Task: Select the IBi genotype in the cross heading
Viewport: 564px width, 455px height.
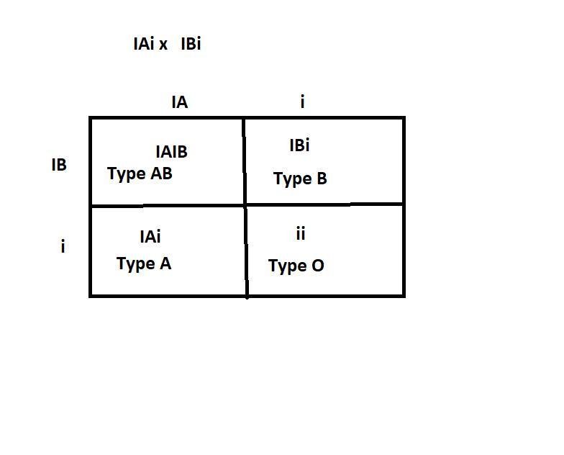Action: pos(191,44)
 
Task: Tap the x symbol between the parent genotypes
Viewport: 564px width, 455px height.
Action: pos(163,45)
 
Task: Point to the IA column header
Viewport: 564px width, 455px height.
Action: pos(179,102)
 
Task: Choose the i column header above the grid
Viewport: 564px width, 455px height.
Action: pos(302,102)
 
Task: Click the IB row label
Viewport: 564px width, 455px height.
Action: pos(59,165)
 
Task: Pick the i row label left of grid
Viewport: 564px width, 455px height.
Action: pos(63,247)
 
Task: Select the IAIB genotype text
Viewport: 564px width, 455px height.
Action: pos(171,152)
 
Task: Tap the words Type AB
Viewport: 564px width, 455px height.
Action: pos(140,174)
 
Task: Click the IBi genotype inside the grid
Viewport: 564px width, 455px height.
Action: pos(299,145)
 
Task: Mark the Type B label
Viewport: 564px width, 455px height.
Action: pos(300,179)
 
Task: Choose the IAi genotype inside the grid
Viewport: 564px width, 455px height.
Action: pos(150,236)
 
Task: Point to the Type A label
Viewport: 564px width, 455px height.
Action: pos(144,264)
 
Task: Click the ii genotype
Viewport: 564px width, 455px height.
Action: pos(301,233)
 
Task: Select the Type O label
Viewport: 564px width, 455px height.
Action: pos(296,266)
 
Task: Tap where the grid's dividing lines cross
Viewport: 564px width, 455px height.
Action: pos(245,205)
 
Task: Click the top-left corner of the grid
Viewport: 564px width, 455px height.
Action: pos(91,118)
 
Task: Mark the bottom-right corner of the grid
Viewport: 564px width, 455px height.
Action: pos(404,295)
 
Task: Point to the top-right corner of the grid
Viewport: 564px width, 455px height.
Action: pos(404,118)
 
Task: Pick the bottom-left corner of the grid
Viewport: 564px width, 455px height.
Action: pos(91,295)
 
